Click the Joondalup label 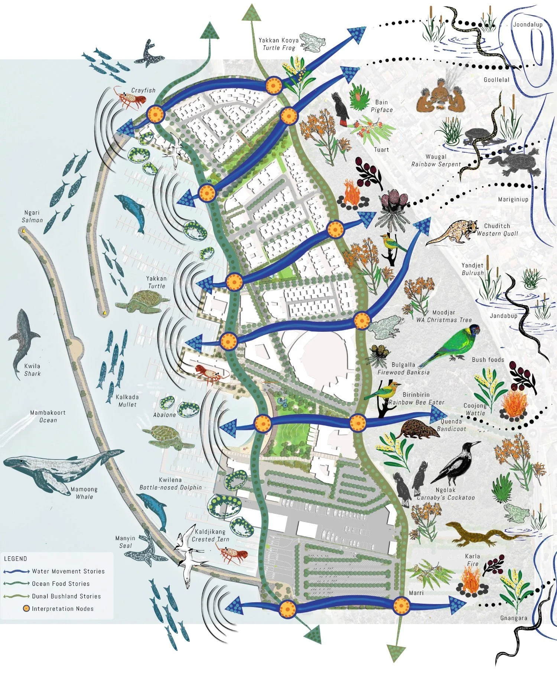point(527,25)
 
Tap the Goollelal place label point(496,80)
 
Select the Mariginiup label point(513,200)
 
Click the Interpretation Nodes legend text point(62,609)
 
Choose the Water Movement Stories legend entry point(68,571)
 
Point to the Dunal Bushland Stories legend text point(66,596)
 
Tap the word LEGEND point(16,558)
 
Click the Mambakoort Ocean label point(48,416)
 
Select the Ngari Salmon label point(32,216)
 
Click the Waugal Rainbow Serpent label point(436,160)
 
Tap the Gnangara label point(514,618)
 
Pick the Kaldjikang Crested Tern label point(210,535)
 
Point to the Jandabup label point(503,316)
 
